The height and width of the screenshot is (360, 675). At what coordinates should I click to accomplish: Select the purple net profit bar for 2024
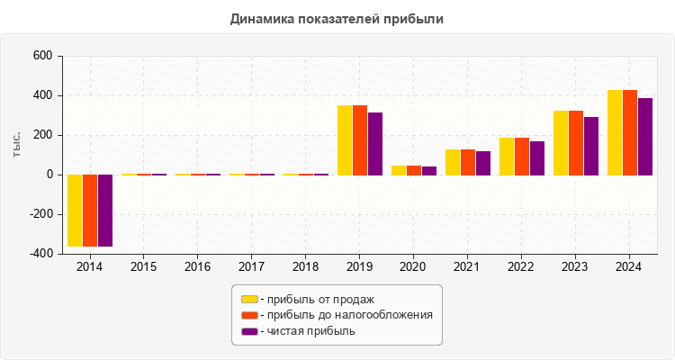pyautogui.click(x=645, y=136)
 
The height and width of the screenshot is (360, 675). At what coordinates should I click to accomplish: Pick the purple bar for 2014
pyautogui.click(x=105, y=210)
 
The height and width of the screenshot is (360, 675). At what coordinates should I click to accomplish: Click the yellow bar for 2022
pyautogui.click(x=507, y=156)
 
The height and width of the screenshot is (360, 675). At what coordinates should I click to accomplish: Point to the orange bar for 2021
pyautogui.click(x=468, y=162)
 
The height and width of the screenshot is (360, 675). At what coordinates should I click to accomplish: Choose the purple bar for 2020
pyautogui.click(x=429, y=170)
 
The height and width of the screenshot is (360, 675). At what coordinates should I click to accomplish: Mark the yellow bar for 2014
pyautogui.click(x=75, y=210)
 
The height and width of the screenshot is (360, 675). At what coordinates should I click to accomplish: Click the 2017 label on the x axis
pyautogui.click(x=252, y=267)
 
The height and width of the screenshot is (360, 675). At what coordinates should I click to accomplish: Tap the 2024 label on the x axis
pyautogui.click(x=630, y=267)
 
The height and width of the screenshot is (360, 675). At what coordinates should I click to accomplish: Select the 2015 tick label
pyautogui.click(x=144, y=267)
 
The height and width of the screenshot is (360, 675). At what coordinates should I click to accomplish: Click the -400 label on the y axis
pyautogui.click(x=40, y=254)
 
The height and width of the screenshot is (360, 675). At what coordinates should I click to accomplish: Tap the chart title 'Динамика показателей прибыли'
pyautogui.click(x=337, y=18)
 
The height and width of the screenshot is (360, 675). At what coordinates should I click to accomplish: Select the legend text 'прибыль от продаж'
pyautogui.click(x=319, y=299)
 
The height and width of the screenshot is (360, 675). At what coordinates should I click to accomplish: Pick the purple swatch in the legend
pyautogui.click(x=249, y=331)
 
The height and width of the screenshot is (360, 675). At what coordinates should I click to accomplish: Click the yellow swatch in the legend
pyautogui.click(x=249, y=299)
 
